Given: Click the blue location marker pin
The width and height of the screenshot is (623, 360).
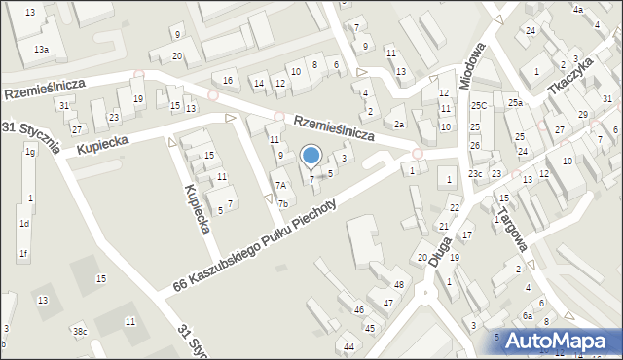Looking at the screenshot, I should pyautogui.click(x=311, y=156).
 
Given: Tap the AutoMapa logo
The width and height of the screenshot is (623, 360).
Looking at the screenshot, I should pyautogui.click(x=553, y=341).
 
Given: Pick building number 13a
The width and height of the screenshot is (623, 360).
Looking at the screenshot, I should pyautogui.click(x=41, y=49).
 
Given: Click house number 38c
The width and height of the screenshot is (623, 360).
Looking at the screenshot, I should pyautogui.click(x=80, y=332).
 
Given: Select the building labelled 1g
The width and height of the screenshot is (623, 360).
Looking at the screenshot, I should pyautogui.click(x=30, y=152).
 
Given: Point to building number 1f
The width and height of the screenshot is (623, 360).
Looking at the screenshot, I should pyautogui.click(x=22, y=254).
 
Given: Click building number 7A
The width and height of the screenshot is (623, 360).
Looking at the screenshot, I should pyautogui.click(x=280, y=185).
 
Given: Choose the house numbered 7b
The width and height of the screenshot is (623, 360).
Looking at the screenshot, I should pyautogui.click(x=282, y=203).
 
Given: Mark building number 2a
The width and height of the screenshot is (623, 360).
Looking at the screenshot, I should pyautogui.click(x=399, y=125).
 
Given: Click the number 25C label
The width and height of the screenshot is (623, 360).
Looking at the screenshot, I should pyautogui.click(x=479, y=105).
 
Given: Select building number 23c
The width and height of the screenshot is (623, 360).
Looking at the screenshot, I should pyautogui.click(x=474, y=173).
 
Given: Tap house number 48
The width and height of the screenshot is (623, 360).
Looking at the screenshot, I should pyautogui.click(x=398, y=284).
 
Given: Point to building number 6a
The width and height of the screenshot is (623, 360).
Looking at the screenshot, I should pyautogui.click(x=527, y=315).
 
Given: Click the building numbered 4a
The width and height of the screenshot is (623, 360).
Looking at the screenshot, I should pyautogui.click(x=577, y=10).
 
